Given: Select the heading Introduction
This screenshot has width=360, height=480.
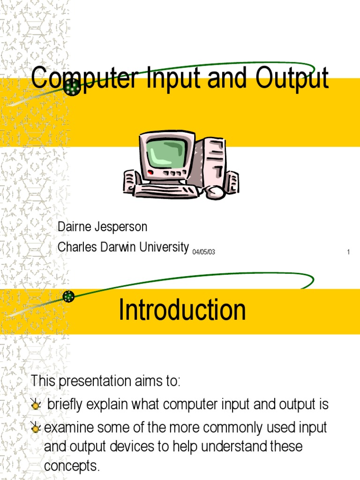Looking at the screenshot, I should tap(182, 310).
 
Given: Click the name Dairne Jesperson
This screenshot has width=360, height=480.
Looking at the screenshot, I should tap(102, 227).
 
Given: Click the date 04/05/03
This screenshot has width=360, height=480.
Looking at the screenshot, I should tap(203, 252).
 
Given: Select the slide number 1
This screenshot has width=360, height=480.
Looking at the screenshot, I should tap(348, 252).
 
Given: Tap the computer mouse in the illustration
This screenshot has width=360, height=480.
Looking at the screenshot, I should tap(216, 192).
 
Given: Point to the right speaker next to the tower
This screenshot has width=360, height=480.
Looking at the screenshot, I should tap(232, 182).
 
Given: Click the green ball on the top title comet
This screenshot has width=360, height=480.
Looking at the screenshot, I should tap(72, 87).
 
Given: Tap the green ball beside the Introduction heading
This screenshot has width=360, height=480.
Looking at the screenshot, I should tap(69, 296).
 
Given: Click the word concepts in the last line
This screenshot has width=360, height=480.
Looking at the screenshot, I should tap(72, 466).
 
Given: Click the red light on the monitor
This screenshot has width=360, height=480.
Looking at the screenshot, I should tap(150, 172).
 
